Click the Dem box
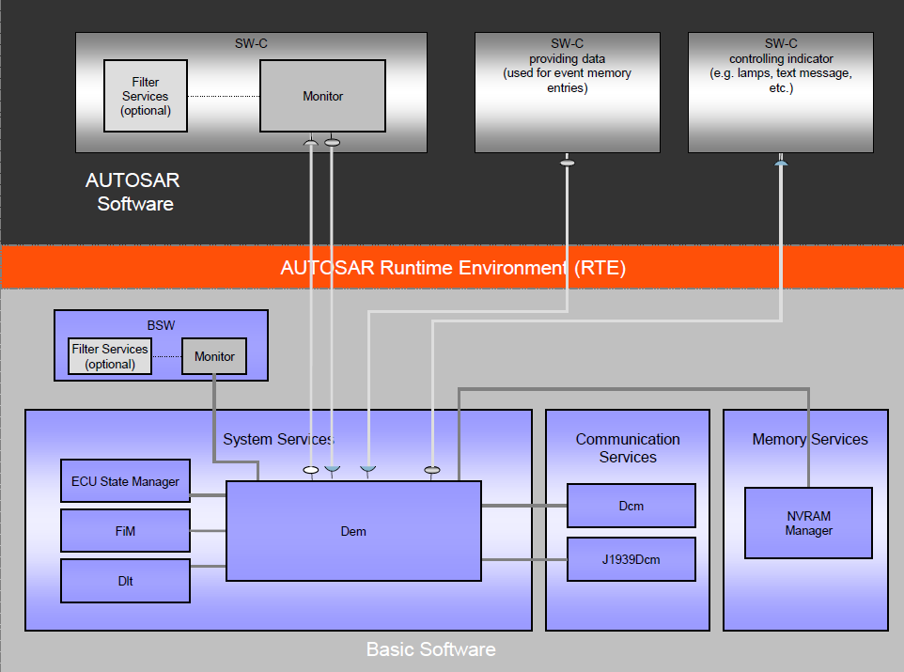click(x=353, y=531)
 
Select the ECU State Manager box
click(x=125, y=480)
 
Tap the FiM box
click(x=125, y=531)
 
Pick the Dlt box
click(x=125, y=581)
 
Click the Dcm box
click(x=631, y=506)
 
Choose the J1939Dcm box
click(x=631, y=559)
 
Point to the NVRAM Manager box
click(x=808, y=524)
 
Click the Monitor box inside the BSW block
click(x=214, y=356)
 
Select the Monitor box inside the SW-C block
click(x=323, y=96)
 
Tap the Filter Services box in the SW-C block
click(x=146, y=96)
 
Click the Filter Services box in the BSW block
click(x=110, y=356)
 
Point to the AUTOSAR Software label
click(x=133, y=192)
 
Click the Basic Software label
click(x=431, y=649)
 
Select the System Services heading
click(x=278, y=439)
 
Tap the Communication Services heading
click(x=628, y=448)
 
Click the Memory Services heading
click(x=810, y=439)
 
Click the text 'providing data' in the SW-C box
click(x=568, y=59)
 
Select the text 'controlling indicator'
click(x=781, y=59)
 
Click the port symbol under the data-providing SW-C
click(x=568, y=163)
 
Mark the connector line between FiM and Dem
click(x=208, y=531)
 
